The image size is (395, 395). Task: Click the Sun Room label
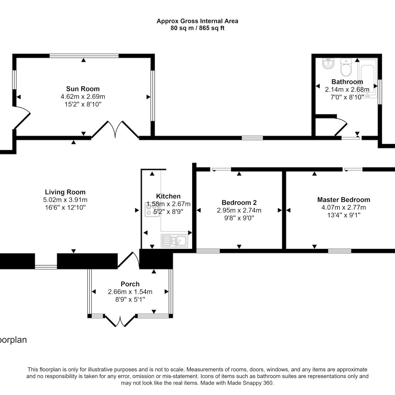point(83,89)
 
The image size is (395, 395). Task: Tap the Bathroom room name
point(347,82)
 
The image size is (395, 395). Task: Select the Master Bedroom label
point(344,200)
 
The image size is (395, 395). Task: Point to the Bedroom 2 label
point(239,203)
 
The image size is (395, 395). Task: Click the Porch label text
point(130,284)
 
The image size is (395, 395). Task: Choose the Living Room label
point(65,192)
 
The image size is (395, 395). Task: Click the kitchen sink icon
point(174,241)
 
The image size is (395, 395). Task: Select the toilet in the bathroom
point(346,67)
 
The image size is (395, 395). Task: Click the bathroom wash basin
point(328,63)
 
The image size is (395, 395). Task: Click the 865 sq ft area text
point(212,28)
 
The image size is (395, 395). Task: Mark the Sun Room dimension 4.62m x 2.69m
point(83,96)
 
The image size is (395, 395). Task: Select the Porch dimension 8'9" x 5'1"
point(130,299)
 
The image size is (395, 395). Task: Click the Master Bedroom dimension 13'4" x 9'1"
point(344,215)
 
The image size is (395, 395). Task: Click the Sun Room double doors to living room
point(115,129)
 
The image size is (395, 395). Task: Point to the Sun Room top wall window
point(84,56)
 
